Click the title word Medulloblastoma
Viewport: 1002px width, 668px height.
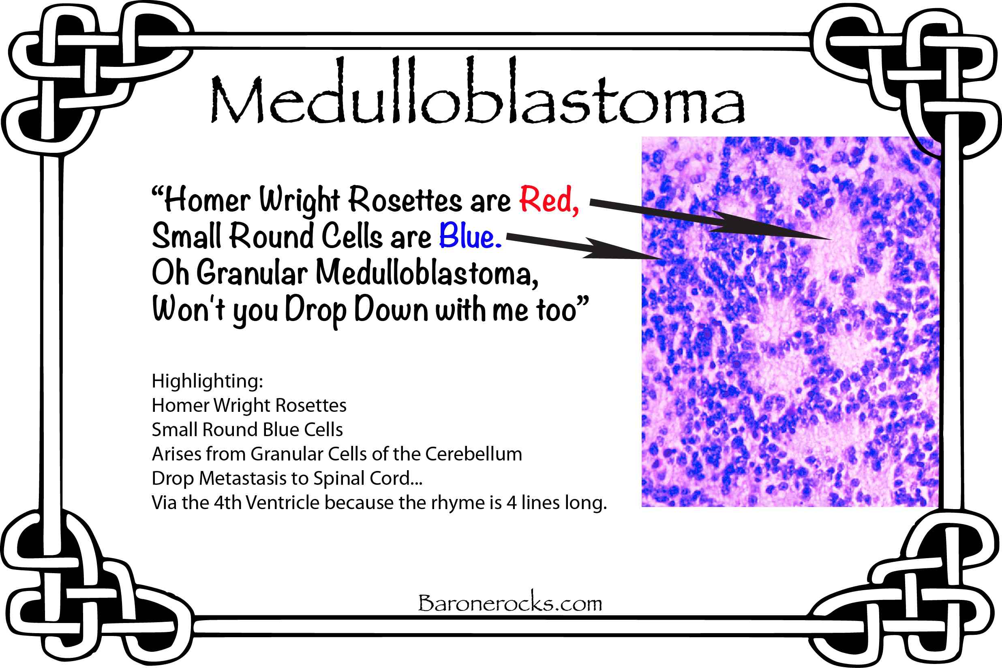477,91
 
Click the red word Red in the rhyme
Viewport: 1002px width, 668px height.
549,199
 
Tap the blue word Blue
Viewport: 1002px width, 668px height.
470,236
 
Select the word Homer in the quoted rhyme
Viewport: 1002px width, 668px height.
208,199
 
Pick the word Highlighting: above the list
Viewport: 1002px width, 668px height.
208,381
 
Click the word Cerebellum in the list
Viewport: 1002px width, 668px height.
474,454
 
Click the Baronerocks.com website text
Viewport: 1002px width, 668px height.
510,603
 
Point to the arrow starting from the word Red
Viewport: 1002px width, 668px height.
711,220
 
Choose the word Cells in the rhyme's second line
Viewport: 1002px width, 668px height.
352,236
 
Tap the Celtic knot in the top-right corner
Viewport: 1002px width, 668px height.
905,81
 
